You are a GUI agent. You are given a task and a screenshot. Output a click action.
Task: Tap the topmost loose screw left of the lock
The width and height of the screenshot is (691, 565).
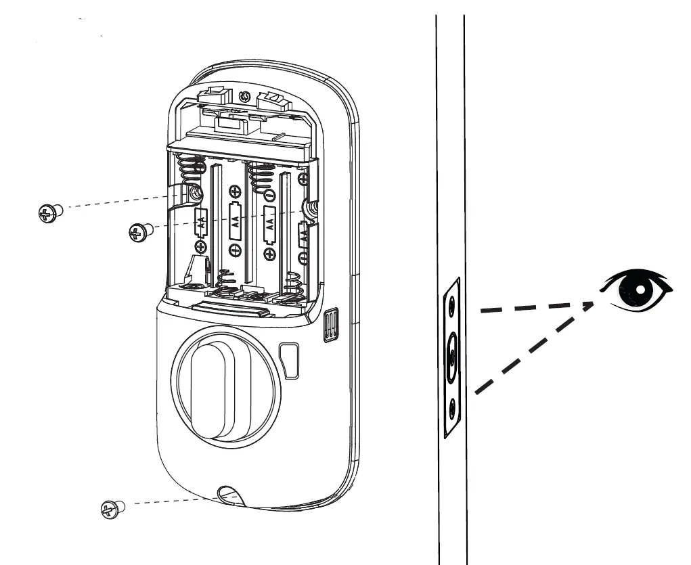[x=47, y=212]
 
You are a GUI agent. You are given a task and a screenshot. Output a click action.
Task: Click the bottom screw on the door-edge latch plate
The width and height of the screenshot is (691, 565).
[x=451, y=406]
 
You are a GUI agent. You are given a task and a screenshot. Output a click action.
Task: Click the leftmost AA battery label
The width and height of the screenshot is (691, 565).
[x=201, y=220]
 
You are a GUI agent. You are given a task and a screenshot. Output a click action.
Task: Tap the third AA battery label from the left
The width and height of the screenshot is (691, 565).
[x=269, y=223]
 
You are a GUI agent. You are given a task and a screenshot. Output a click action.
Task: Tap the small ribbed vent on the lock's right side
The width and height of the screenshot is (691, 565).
[x=330, y=327]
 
